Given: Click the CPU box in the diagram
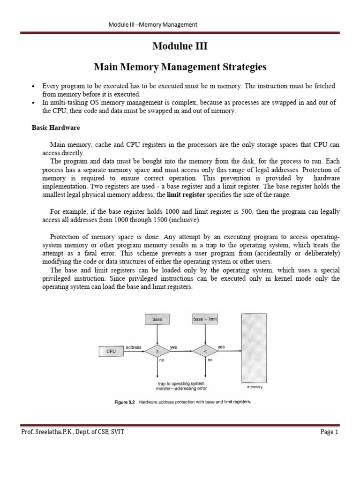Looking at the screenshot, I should tap(111, 351).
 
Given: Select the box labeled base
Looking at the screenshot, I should tap(157, 319).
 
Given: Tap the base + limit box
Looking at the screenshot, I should tap(205, 319).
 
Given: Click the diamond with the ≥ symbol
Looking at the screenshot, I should tap(157, 351).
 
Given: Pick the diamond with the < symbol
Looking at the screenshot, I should tap(205, 351).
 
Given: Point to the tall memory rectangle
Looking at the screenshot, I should tap(254, 347).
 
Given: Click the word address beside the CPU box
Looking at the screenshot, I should tap(134, 347).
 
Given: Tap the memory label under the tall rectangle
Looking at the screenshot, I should tap(254, 387).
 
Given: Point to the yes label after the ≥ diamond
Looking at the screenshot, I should tap(173, 347).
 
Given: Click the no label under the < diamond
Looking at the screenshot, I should tap(210, 360).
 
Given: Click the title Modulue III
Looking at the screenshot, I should tap(180, 46).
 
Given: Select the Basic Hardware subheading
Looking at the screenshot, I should tap(55, 127).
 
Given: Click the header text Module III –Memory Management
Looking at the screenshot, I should tap(153, 24).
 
